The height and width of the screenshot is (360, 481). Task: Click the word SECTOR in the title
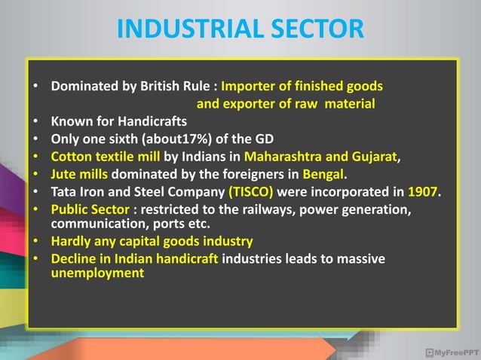311,29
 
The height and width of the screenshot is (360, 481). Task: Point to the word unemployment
97,273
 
